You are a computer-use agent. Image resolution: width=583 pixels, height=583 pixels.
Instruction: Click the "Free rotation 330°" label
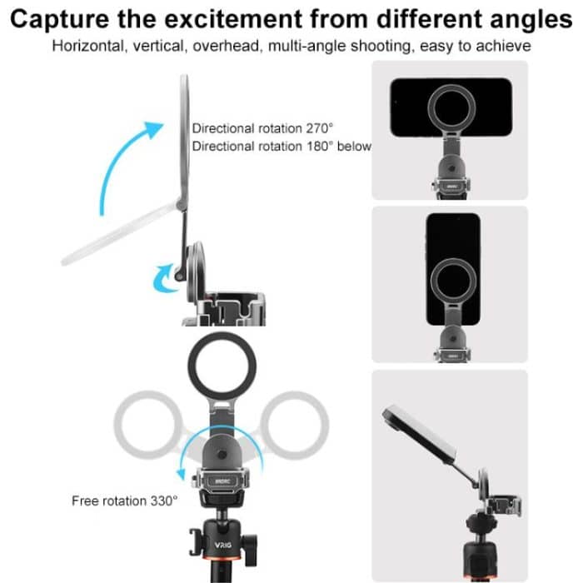(124, 501)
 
